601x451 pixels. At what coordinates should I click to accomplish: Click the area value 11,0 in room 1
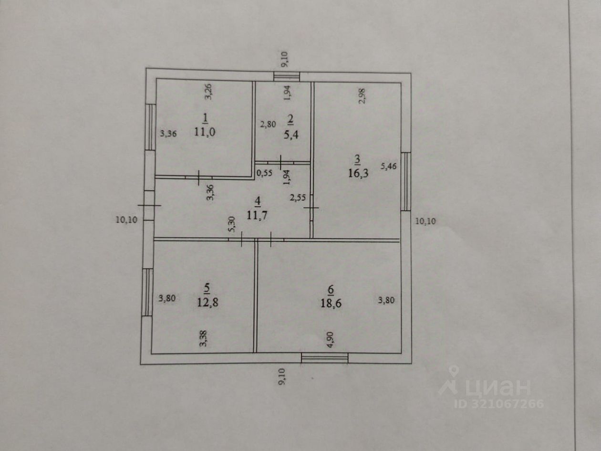tap(205, 132)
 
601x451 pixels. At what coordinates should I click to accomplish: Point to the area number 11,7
tap(257, 215)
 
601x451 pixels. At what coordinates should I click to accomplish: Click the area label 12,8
tap(207, 301)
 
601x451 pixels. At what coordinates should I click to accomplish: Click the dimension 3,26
tap(208, 91)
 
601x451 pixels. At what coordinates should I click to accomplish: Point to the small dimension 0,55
tap(264, 173)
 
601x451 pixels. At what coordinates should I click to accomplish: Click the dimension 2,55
tap(299, 197)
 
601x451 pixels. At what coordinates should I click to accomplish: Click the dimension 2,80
tap(268, 125)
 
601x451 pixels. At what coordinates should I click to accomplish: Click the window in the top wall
tap(287, 76)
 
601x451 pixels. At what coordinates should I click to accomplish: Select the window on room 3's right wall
tap(405, 181)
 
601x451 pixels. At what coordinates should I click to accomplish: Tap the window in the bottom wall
tap(325, 357)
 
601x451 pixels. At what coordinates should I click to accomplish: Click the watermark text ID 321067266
tap(498, 404)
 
